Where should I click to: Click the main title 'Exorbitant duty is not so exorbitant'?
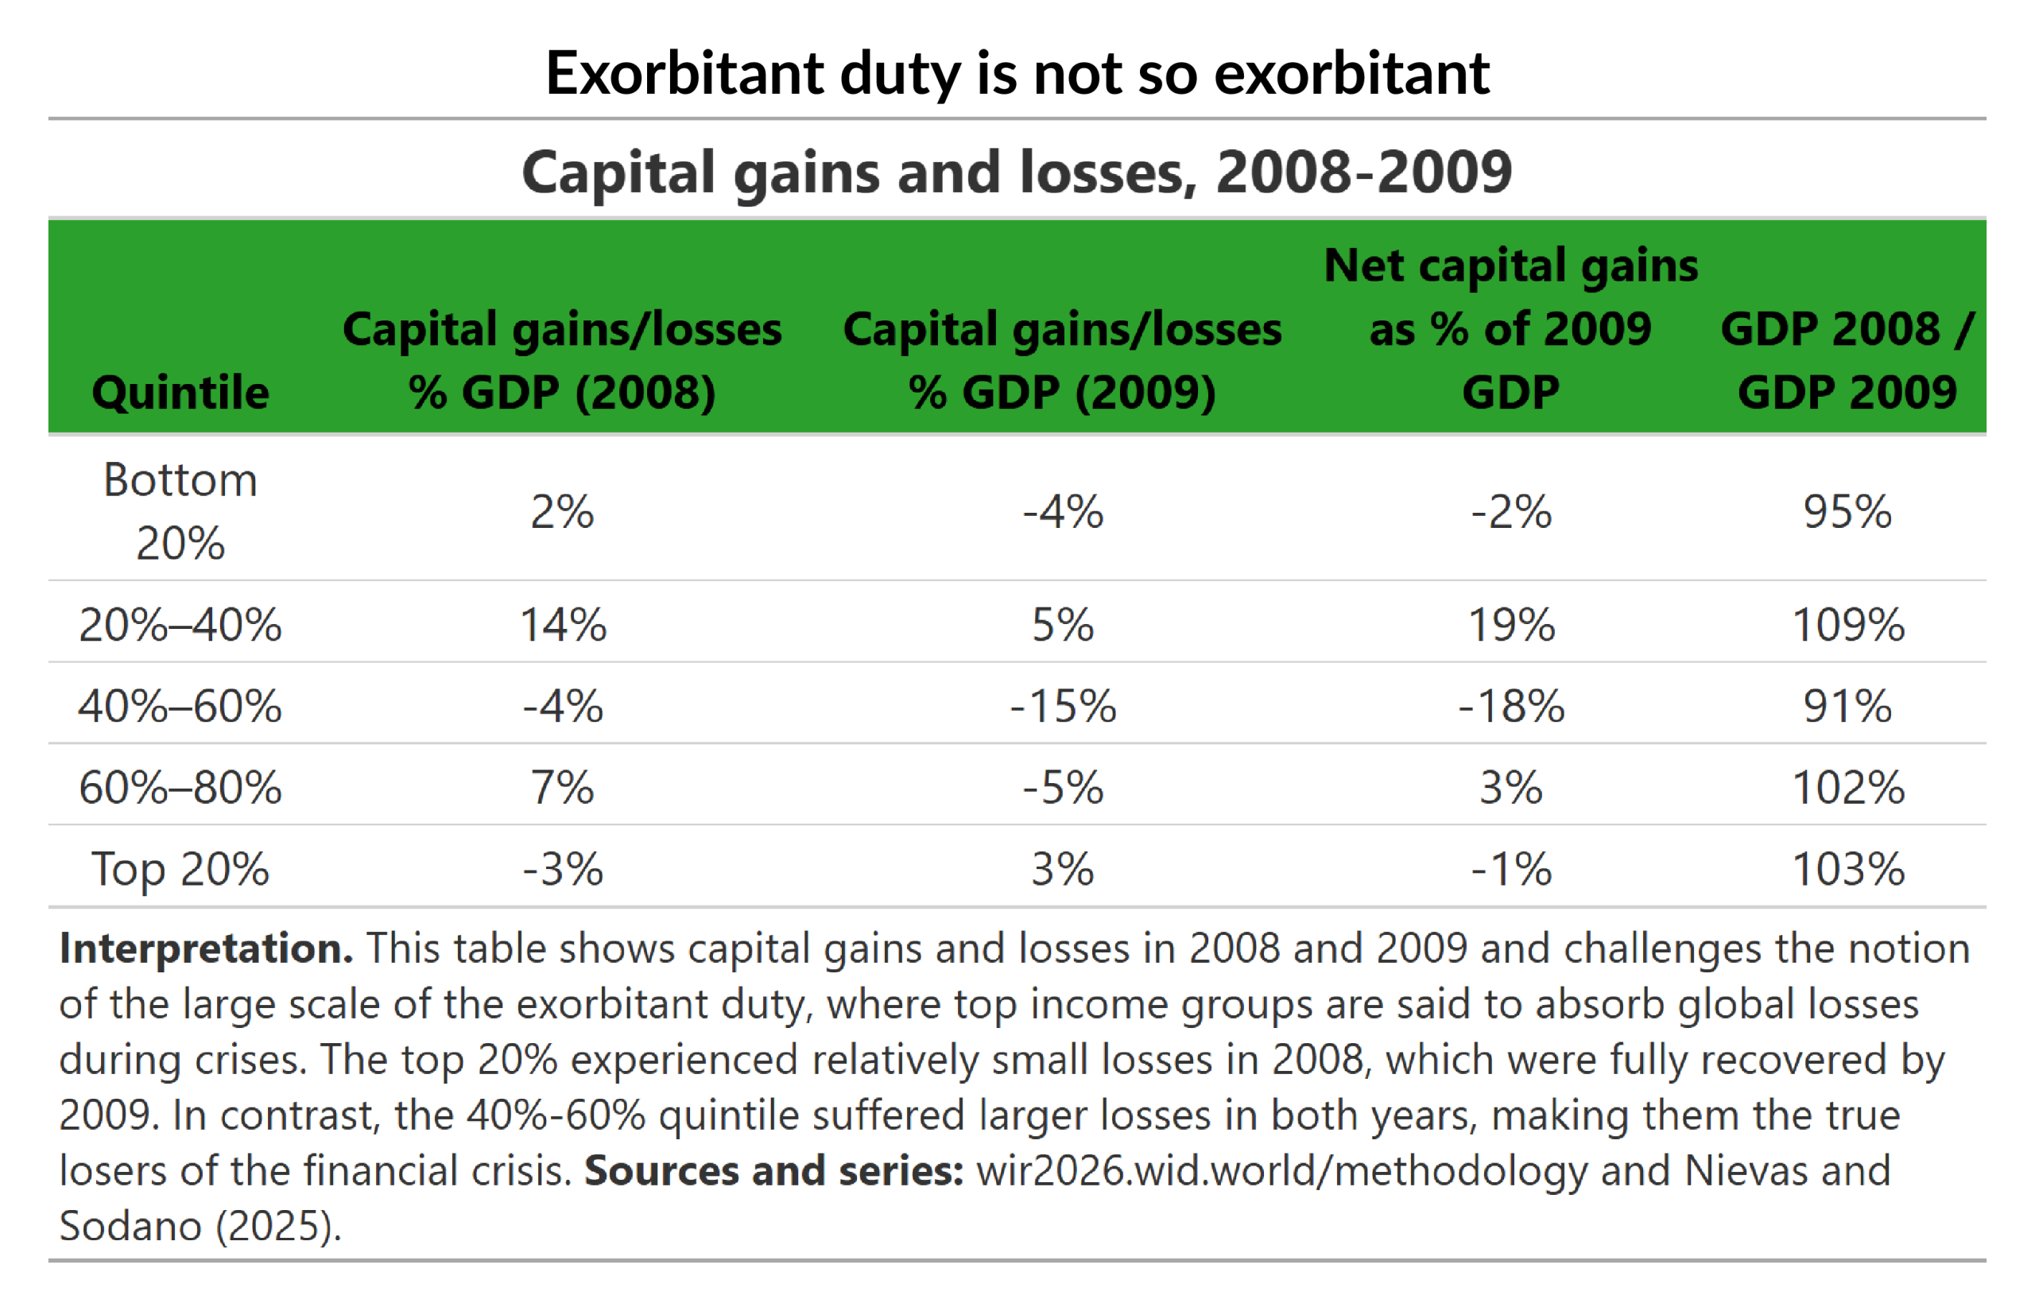(x=1017, y=73)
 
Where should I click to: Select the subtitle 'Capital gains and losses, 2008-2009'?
(x=1017, y=172)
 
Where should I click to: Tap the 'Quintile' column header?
(x=180, y=393)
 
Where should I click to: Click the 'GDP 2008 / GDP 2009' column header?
(x=1847, y=360)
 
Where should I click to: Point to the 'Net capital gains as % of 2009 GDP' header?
(x=1510, y=328)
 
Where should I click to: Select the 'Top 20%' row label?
(x=180, y=869)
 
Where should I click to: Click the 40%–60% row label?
(x=180, y=706)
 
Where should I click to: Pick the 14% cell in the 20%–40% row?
(x=563, y=625)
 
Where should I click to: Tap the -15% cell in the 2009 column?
(x=1063, y=706)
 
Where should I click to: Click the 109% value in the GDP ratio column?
(x=1847, y=625)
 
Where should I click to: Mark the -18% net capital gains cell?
(x=1510, y=706)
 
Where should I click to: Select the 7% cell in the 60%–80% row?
(x=563, y=787)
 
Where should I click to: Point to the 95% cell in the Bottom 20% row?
(x=1847, y=512)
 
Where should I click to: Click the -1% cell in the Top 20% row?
(x=1510, y=869)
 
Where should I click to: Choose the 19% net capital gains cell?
(x=1510, y=625)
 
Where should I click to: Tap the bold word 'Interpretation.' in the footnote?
(x=206, y=948)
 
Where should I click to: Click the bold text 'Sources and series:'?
(x=773, y=1170)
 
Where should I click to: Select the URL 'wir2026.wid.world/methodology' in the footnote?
(x=1281, y=1170)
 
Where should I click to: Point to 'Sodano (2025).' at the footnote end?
(x=200, y=1226)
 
